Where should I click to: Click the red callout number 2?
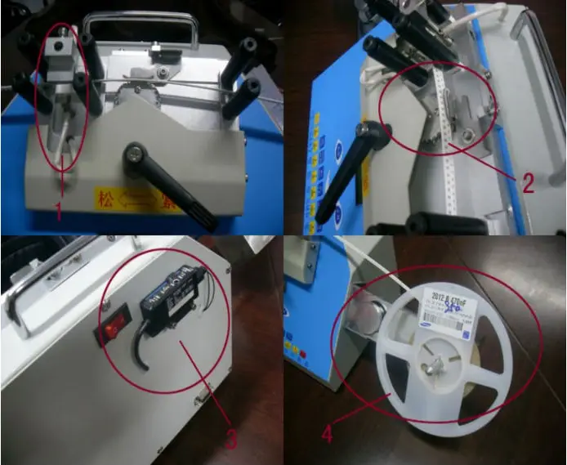[528, 183]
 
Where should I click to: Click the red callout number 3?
[231, 440]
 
